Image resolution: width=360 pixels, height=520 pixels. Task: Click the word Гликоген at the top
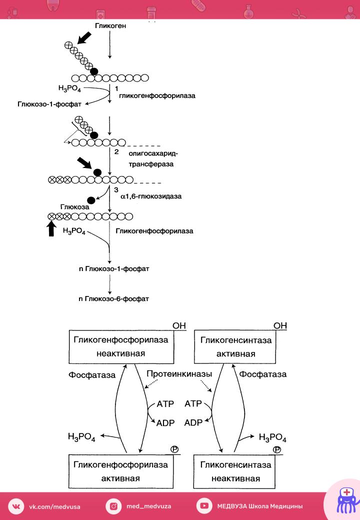tap(110, 25)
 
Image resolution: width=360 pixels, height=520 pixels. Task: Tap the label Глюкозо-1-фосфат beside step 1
tap(49, 104)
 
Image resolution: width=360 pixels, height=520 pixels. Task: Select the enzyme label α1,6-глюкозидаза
tap(151, 196)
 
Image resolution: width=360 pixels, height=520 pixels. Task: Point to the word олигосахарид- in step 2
tap(153, 153)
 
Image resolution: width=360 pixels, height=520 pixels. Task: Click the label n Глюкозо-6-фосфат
tap(113, 299)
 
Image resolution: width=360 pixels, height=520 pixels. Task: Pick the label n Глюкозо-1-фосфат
tap(114, 268)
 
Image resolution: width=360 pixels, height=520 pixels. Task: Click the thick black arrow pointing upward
tap(51, 228)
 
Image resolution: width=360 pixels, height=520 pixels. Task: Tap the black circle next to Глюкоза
tap(91, 200)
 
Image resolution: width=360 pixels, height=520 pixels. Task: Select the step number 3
tap(116, 189)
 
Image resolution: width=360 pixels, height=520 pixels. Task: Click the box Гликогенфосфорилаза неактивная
tap(121, 346)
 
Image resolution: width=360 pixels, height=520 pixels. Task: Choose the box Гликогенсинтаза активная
tap(234, 346)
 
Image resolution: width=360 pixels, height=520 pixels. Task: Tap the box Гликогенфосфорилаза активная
tap(120, 471)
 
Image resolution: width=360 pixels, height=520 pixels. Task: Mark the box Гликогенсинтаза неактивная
tap(234, 471)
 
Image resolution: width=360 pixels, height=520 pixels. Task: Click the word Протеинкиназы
tap(179, 374)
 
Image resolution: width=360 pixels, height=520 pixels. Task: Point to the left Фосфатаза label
tap(92, 375)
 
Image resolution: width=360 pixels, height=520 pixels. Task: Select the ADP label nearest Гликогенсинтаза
tap(193, 423)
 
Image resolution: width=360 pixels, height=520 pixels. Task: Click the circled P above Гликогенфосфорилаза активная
tap(174, 449)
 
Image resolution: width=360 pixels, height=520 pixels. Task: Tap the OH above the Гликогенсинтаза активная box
tap(280, 325)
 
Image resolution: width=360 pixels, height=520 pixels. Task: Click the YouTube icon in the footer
tap(204, 505)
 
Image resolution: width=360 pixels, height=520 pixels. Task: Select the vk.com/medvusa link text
tap(54, 506)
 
